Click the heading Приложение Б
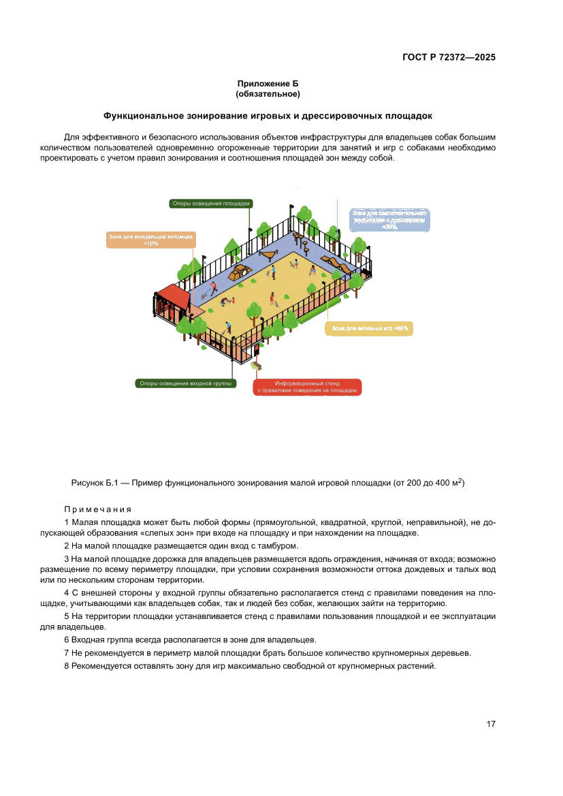pyautogui.click(x=268, y=83)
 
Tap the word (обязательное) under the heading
pyautogui.click(x=268, y=93)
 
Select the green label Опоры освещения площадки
pyautogui.click(x=211, y=203)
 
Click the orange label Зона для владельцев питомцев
pyautogui.click(x=151, y=239)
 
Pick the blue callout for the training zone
pyautogui.click(x=389, y=220)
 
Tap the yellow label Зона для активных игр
pyautogui.click(x=370, y=328)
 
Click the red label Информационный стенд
pyautogui.click(x=307, y=387)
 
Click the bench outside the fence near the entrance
pyautogui.click(x=256, y=366)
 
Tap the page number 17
pyautogui.click(x=490, y=724)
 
